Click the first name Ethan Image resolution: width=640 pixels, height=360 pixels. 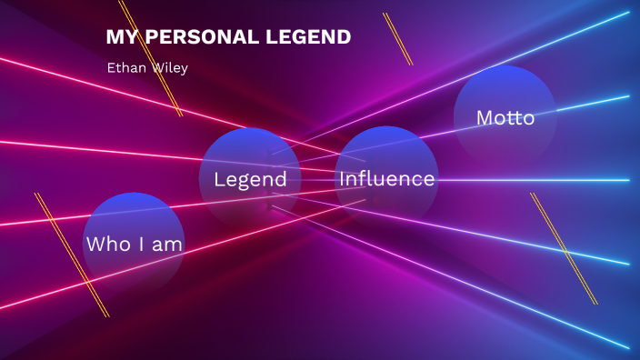[x=122, y=67]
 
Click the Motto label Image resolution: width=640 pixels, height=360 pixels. [x=505, y=118]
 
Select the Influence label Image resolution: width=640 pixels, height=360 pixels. [x=386, y=179]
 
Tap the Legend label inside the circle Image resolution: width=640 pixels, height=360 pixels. [x=250, y=179]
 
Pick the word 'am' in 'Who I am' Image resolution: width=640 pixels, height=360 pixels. [x=168, y=245]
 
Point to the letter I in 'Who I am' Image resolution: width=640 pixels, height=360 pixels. [x=138, y=245]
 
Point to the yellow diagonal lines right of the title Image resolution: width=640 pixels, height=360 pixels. [x=398, y=39]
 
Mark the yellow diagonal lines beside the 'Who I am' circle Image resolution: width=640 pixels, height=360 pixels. [x=72, y=255]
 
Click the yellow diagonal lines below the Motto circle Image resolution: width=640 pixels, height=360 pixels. [x=564, y=248]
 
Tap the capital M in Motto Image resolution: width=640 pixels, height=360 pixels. [x=485, y=118]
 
